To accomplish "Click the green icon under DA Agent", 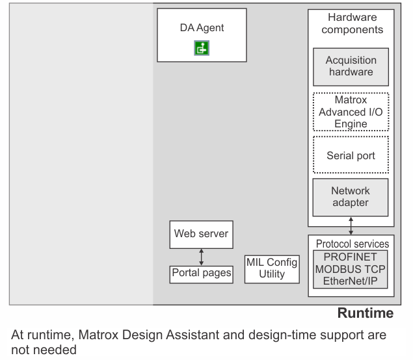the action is point(202,48).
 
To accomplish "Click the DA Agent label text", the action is point(202,28).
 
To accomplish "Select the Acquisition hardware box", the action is point(351,67).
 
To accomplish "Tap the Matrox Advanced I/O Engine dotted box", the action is point(351,112).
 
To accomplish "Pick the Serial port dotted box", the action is point(351,155).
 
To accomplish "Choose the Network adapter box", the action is point(351,198).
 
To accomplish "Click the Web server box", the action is point(202,235).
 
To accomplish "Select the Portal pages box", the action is point(202,274).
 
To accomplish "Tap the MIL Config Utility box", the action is point(272,269).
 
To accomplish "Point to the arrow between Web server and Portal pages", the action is point(202,257).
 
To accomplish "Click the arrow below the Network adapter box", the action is point(351,225).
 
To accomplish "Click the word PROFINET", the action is point(351,257).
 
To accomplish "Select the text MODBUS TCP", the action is point(351,269).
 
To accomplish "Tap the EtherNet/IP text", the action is point(351,281).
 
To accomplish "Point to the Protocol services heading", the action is point(353,244).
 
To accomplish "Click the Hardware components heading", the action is point(353,23).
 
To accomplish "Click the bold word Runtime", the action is point(366,313).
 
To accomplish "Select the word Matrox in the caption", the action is point(98,335).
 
